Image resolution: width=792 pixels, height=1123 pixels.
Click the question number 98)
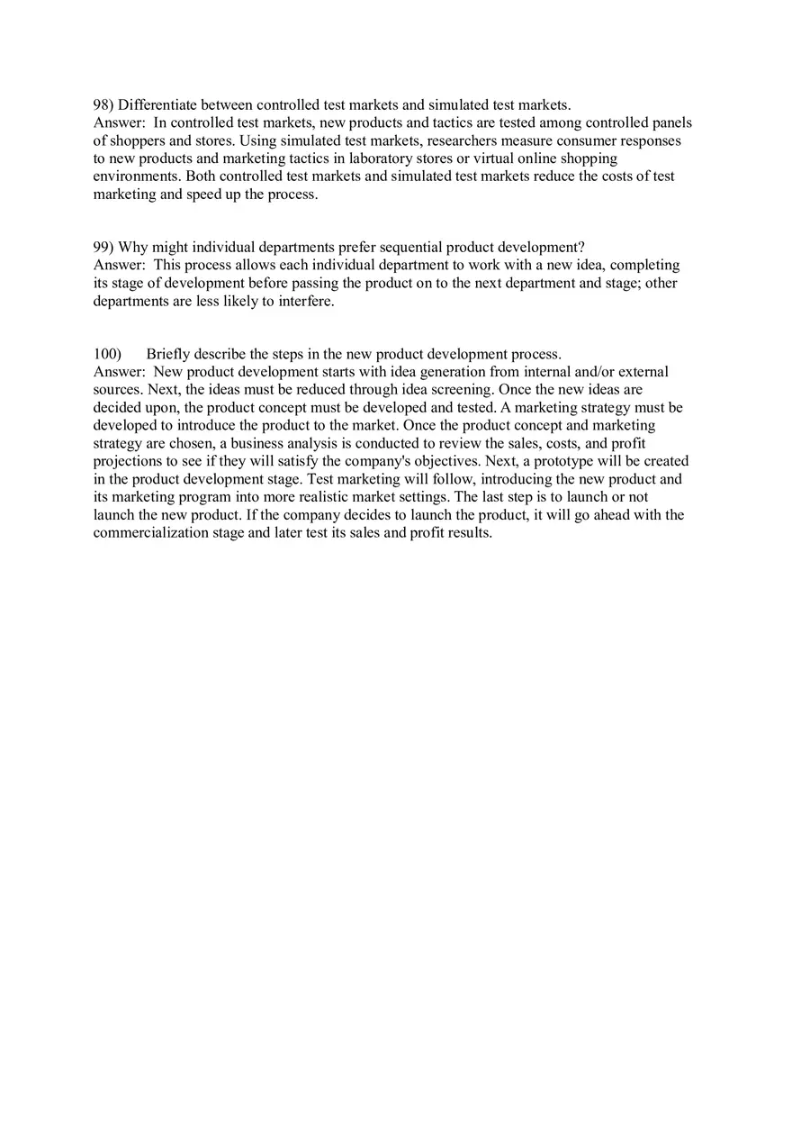click(103, 105)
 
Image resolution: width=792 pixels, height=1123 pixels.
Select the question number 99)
click(103, 248)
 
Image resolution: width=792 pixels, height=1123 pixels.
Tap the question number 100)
click(107, 354)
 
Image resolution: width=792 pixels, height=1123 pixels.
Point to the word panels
click(671, 123)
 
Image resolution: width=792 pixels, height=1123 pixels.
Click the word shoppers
click(136, 141)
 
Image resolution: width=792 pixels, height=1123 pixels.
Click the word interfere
click(304, 302)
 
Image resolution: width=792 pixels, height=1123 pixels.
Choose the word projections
click(129, 461)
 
